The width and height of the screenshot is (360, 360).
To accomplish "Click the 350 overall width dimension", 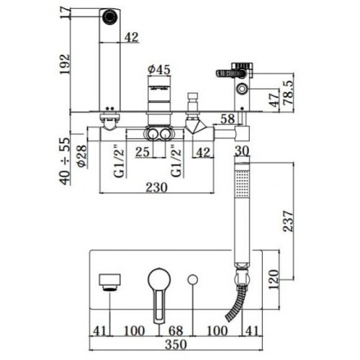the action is click(x=176, y=344).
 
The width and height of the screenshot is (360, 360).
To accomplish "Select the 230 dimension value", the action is click(x=156, y=187).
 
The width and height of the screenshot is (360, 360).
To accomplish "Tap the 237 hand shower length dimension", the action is click(x=288, y=221).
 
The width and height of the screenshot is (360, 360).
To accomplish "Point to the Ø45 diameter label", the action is click(x=158, y=69).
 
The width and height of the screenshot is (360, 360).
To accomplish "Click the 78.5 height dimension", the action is click(x=289, y=92).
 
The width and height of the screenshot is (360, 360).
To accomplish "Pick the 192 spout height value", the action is click(x=65, y=64).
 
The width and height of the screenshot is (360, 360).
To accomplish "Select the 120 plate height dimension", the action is click(x=274, y=279).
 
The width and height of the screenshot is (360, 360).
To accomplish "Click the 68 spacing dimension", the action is click(x=176, y=330).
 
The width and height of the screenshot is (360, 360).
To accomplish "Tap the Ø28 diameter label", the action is click(x=82, y=156).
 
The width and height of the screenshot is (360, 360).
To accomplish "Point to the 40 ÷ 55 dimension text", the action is click(x=65, y=161).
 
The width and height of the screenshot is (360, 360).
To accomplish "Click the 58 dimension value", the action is click(x=228, y=119).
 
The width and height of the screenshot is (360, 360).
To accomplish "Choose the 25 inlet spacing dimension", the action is click(x=143, y=152).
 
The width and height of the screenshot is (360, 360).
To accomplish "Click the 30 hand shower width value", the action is click(x=242, y=151).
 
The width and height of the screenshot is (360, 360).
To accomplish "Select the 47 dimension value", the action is click(x=274, y=99).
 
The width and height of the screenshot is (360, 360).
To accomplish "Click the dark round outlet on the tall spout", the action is click(x=110, y=17).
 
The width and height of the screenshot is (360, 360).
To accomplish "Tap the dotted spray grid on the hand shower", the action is click(x=242, y=184).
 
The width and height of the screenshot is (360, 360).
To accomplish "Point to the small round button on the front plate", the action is click(x=192, y=280).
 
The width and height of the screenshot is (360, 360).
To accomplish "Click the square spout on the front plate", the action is click(x=109, y=282).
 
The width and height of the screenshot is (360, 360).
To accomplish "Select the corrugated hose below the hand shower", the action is click(x=236, y=304).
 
